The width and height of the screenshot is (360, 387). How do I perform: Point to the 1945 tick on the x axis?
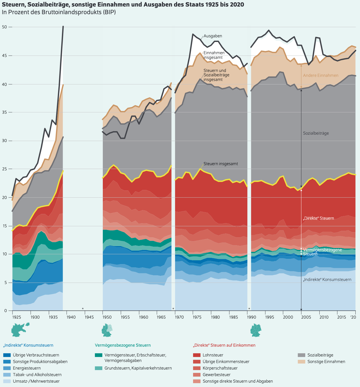(x=89, y=317)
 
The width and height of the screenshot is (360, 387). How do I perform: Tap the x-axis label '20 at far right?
(x=353, y=317)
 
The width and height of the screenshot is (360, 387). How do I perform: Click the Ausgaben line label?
(x=213, y=36)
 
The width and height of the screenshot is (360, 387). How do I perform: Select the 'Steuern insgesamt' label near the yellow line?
(x=221, y=164)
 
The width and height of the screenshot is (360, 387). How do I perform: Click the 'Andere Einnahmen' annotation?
(x=320, y=75)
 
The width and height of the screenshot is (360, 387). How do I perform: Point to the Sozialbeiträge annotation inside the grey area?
(x=316, y=133)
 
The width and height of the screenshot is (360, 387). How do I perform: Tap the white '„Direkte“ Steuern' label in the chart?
(x=318, y=218)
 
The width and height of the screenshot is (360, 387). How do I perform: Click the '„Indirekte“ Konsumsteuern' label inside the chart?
(x=327, y=280)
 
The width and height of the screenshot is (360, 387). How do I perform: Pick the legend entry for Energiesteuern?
(x=27, y=368)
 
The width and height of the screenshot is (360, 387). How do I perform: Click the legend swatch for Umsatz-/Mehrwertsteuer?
(x=7, y=381)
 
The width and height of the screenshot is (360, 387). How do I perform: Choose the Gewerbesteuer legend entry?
(x=217, y=375)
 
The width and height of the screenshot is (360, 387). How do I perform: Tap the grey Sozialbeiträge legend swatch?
(x=301, y=355)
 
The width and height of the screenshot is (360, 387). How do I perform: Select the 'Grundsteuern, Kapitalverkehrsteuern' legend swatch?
(x=98, y=368)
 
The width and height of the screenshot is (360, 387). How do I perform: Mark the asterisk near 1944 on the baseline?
(x=83, y=309)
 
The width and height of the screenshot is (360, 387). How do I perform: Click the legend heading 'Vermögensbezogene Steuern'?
(x=123, y=345)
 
